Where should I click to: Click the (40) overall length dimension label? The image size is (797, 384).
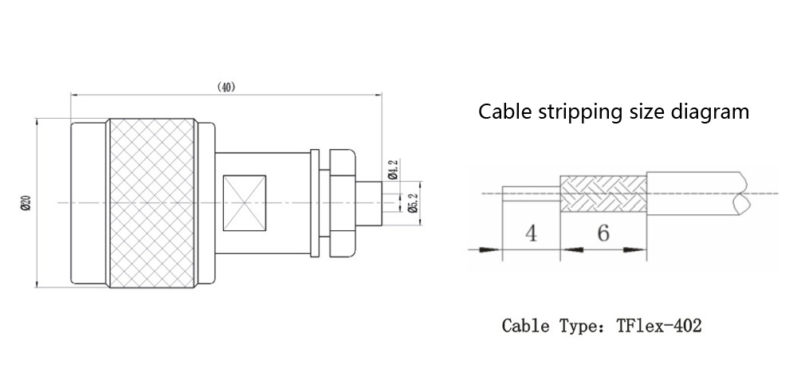tap(226, 86)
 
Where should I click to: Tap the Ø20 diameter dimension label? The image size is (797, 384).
tap(26, 203)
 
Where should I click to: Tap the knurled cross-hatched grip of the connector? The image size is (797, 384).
tap(151, 203)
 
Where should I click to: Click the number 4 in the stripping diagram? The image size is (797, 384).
tap(532, 233)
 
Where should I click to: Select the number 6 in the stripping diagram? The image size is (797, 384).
tap(603, 233)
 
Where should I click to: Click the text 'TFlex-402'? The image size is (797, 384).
tap(659, 326)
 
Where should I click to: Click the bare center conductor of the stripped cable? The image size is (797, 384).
tap(531, 192)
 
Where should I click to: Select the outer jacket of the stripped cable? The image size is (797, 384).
tap(693, 192)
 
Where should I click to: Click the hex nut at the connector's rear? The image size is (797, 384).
tap(341, 203)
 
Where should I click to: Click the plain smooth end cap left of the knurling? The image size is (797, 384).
tap(89, 203)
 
